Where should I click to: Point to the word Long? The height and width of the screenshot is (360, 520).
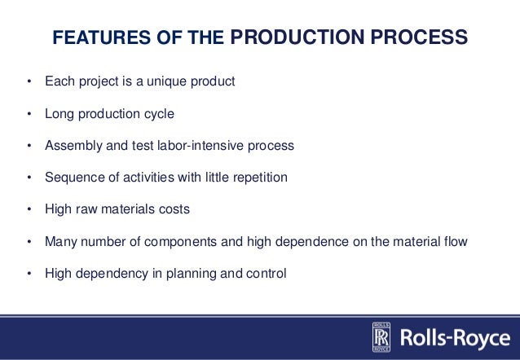pyautogui.click(x=59, y=114)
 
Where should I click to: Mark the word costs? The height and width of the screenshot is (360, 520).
pyautogui.click(x=174, y=209)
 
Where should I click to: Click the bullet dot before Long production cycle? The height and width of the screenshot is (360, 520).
pyautogui.click(x=29, y=114)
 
